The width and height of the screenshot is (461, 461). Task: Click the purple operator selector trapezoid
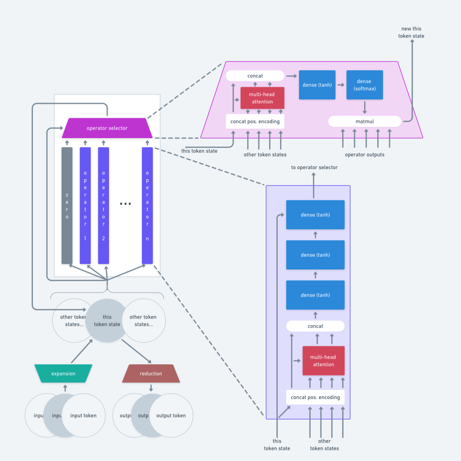tap(107, 128)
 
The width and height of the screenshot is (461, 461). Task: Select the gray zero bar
tap(67, 206)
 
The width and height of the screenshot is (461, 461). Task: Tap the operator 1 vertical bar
tap(85, 206)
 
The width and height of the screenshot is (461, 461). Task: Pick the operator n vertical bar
tap(147, 206)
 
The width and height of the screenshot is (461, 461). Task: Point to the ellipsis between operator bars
tap(125, 204)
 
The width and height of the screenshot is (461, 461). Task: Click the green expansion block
tap(63, 374)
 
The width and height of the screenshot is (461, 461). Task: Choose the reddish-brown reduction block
tap(151, 374)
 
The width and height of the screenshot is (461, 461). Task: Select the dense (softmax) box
tap(364, 85)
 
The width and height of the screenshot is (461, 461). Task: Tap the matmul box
tap(364, 121)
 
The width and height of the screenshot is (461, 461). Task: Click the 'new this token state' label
tap(411, 32)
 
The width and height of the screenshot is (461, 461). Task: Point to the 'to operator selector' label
tap(314, 168)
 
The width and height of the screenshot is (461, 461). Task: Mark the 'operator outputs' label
tap(364, 155)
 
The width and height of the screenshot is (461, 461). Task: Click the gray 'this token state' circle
tap(107, 321)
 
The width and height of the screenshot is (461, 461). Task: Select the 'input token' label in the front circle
tap(83, 416)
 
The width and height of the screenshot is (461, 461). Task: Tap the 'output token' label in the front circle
tap(171, 416)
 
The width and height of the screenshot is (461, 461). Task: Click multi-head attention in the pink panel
tap(262, 98)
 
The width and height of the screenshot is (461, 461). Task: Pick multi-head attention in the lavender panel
tap(323, 361)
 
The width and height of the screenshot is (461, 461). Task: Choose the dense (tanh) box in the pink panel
tap(317, 85)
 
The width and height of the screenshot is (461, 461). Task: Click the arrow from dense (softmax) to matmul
tap(364, 107)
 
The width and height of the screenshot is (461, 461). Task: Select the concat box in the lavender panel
tap(315, 326)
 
